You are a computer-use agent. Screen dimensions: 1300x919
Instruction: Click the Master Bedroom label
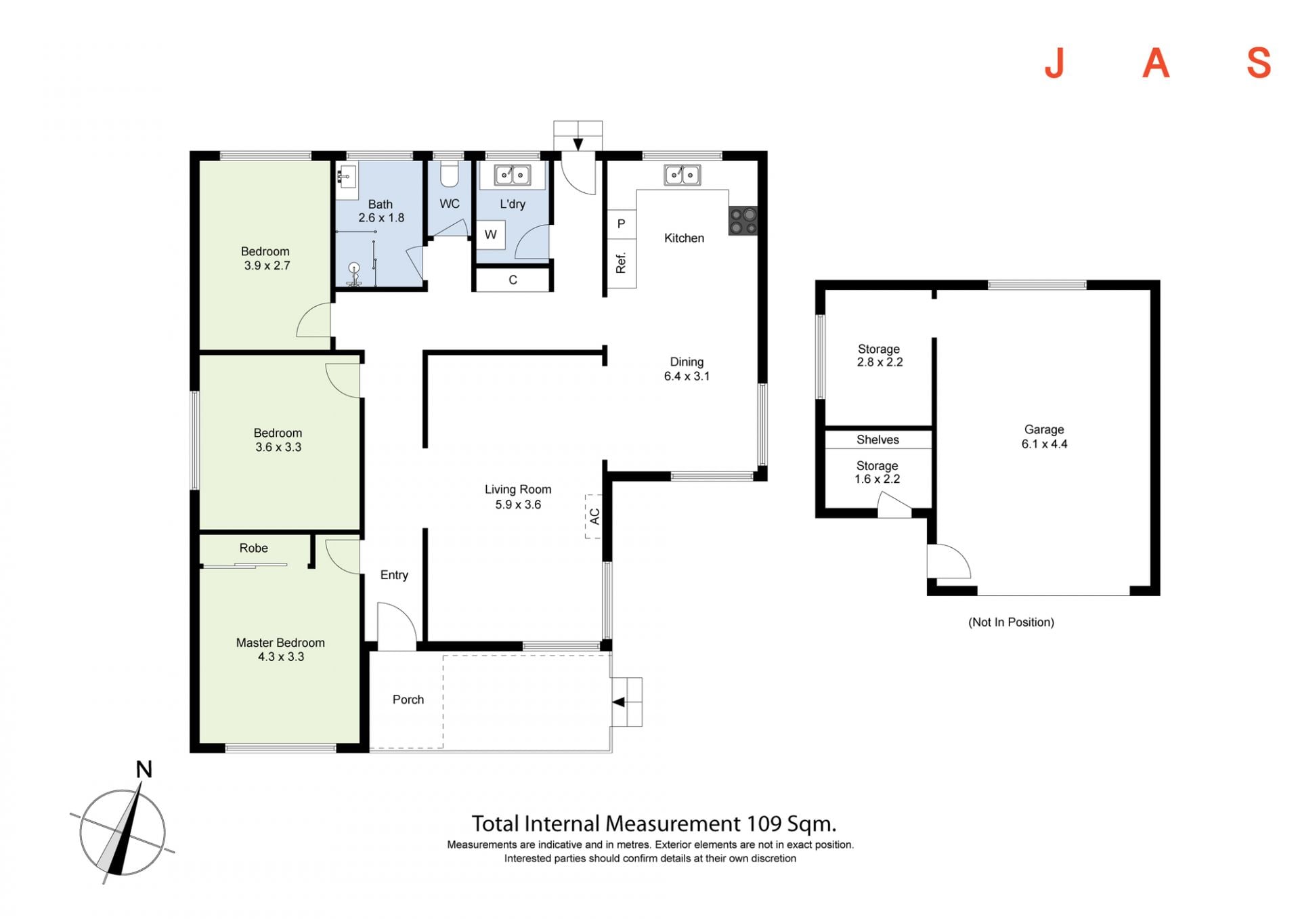(x=280, y=643)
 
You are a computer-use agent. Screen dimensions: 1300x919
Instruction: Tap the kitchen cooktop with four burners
(x=743, y=221)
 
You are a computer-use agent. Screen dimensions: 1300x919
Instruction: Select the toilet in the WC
(x=450, y=174)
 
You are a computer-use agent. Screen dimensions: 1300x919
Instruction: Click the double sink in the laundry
(x=512, y=175)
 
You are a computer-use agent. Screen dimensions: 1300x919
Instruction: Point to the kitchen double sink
(x=682, y=175)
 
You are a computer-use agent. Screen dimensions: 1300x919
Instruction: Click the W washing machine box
(x=491, y=235)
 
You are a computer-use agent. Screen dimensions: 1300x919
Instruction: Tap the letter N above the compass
(x=144, y=769)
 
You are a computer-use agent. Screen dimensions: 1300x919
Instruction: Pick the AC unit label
(x=594, y=516)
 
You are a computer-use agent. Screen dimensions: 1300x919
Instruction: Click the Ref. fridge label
(x=621, y=263)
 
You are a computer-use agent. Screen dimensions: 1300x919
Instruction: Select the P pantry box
(x=621, y=224)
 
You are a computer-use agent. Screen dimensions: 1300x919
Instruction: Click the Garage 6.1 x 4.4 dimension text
(x=1044, y=444)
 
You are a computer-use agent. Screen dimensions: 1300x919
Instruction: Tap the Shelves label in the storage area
(x=877, y=440)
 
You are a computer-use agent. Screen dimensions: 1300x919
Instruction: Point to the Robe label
(x=254, y=548)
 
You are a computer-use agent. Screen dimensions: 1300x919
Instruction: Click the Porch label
(x=408, y=700)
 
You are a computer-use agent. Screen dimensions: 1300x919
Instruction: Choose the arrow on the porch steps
(x=619, y=702)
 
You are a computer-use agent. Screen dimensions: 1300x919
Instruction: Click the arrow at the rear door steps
(x=578, y=144)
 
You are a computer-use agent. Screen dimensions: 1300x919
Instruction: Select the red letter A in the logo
(x=1156, y=63)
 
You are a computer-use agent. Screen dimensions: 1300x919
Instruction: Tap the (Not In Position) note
(x=1011, y=622)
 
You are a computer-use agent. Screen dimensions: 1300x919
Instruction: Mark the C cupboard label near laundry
(x=513, y=280)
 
